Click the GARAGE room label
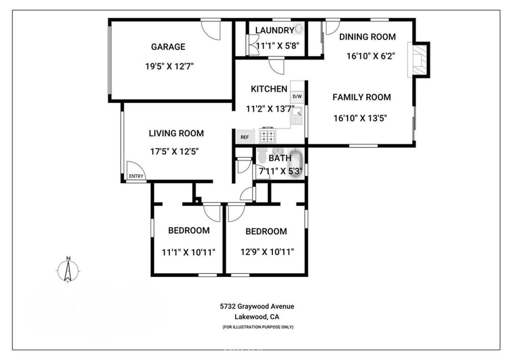pos(168,47)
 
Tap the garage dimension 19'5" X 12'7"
pos(169,67)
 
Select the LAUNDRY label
pos(275,30)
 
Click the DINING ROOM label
pos(367,37)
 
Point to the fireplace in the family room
pos(419,60)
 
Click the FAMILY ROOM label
pos(361,97)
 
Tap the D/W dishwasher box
pos(297,96)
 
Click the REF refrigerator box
pos(245,137)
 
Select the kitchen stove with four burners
pos(268,135)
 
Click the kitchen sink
pos(297,116)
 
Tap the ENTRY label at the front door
pos(136,176)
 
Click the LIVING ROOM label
pos(176,133)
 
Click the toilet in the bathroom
pos(262,152)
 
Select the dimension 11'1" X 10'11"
pos(189,252)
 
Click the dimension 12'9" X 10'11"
pos(267,252)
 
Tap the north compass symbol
pos(68,270)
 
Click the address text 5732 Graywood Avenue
pos(257,307)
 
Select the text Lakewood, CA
pos(257,317)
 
